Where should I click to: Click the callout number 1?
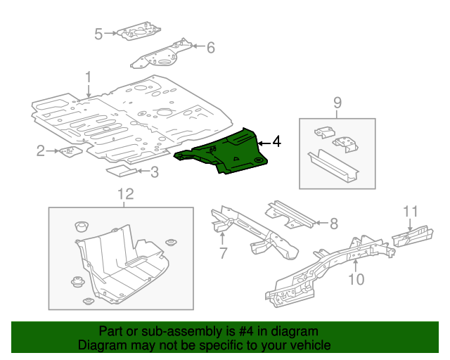point(89,77)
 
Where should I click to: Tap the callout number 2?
point(41,150)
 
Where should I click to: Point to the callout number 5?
point(98,33)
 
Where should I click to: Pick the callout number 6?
point(210,48)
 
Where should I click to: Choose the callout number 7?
point(223,252)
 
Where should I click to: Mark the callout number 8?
point(333,224)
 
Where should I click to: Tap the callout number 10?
point(356,279)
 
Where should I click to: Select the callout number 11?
point(411,211)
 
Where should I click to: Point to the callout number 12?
point(124,194)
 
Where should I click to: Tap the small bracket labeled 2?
point(70,150)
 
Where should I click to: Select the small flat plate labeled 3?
point(122,169)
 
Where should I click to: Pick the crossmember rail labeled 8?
point(290,215)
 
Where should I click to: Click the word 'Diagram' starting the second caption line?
point(101,345)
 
